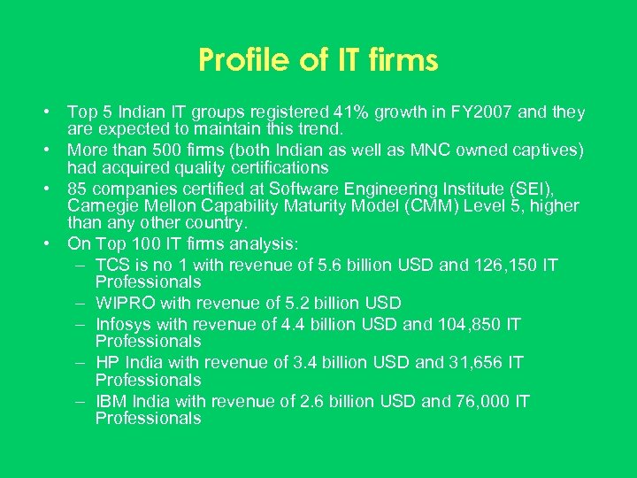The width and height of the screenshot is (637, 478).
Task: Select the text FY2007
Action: pos(478,112)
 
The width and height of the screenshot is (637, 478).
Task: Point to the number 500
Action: pos(169,150)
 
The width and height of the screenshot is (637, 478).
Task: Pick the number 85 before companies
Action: pos(78,189)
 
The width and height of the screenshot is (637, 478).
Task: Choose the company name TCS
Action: pos(112,265)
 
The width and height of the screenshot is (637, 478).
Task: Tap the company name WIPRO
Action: pos(124,304)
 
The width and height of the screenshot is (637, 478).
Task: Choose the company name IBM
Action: pos(112,401)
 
